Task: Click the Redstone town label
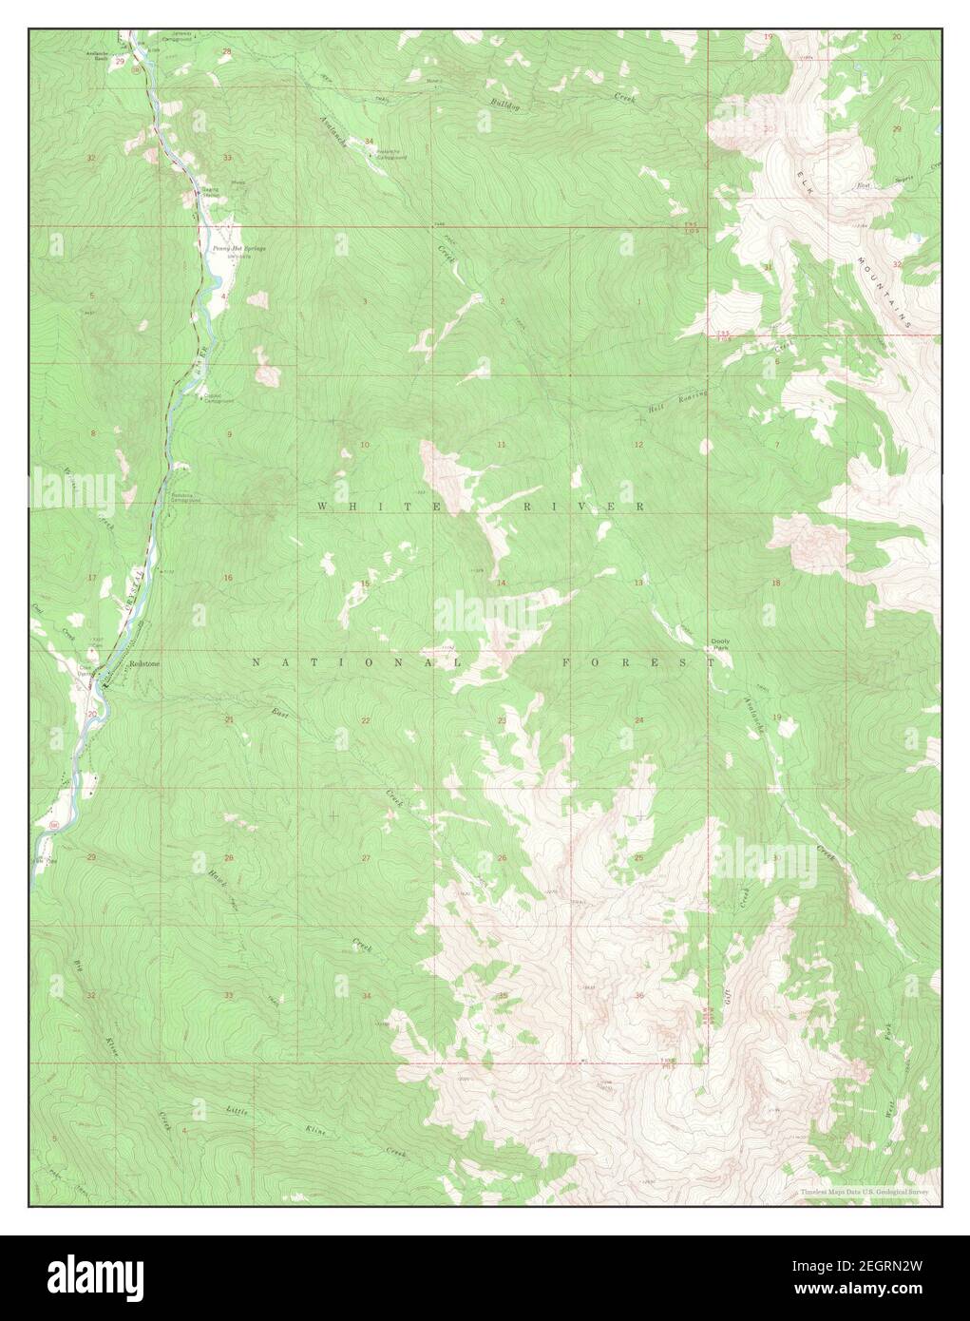point(145,664)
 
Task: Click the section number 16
point(228,578)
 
